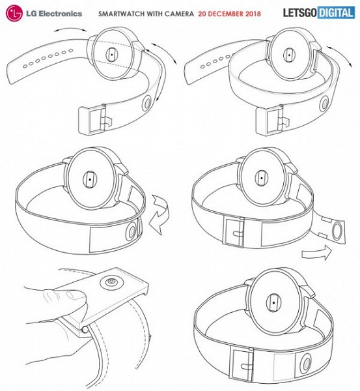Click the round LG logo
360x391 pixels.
coord(14,13)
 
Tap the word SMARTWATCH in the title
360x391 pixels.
coord(121,14)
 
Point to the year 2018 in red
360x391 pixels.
coord(253,14)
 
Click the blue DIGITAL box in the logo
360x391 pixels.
coord(336,13)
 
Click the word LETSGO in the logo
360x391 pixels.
coord(300,13)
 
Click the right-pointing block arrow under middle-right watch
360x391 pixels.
coord(316,252)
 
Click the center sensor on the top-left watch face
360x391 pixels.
coord(111,54)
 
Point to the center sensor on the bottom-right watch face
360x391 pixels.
coord(273,303)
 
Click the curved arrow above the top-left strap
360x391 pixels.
coord(70,29)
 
